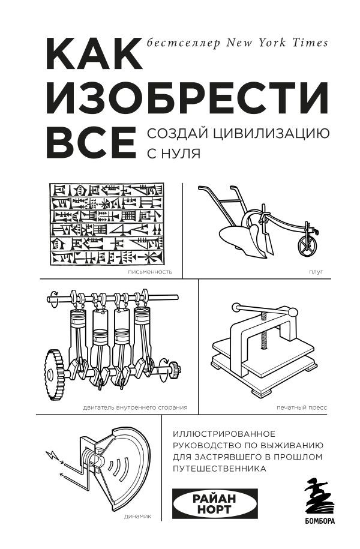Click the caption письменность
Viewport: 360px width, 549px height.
(150, 271)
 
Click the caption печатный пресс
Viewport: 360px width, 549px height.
(302, 407)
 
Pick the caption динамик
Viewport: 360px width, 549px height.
(140, 515)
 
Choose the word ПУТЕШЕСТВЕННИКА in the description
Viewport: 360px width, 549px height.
(219, 469)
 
